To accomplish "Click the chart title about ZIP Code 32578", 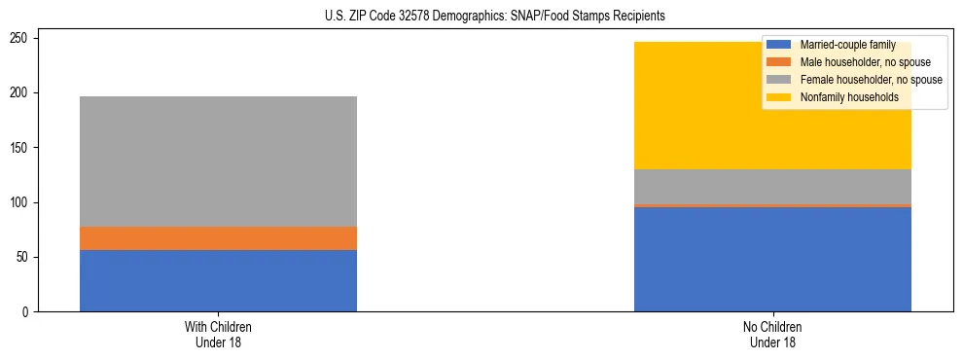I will [496, 17].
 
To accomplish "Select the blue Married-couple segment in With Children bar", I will [218, 280].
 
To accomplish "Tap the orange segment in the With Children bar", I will [218, 238].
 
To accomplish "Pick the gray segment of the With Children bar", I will [218, 162].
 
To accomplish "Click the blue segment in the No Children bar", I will [772, 260].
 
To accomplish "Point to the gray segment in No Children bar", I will [772, 187].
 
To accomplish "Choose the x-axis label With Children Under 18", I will [218, 334].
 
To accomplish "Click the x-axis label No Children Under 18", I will [772, 334].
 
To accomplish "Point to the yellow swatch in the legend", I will [779, 97].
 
